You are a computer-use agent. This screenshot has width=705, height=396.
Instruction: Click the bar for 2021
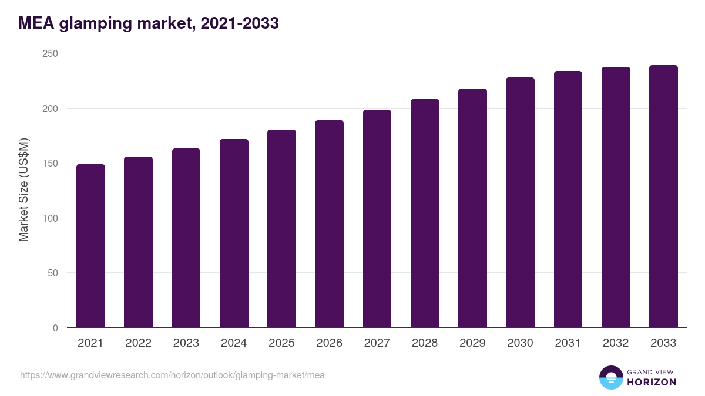(x=90, y=246)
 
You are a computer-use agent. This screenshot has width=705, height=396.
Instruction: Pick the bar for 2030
(x=521, y=202)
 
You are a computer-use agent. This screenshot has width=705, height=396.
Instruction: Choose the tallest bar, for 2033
(x=663, y=197)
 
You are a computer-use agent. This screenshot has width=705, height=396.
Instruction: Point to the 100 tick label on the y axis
(x=50, y=218)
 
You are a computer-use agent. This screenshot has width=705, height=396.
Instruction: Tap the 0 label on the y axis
(x=55, y=328)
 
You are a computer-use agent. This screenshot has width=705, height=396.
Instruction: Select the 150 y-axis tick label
(x=50, y=163)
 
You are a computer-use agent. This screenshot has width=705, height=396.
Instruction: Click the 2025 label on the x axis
(x=281, y=343)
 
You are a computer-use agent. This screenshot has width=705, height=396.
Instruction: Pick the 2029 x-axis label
(x=472, y=343)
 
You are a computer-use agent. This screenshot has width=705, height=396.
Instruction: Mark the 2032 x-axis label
(x=616, y=343)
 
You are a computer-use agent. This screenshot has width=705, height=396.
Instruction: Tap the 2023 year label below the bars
(x=186, y=343)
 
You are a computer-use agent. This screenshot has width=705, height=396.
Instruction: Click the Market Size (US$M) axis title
(x=23, y=190)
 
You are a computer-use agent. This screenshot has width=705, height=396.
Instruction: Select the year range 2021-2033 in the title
(x=239, y=23)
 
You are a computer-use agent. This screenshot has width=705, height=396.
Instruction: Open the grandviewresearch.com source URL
(x=172, y=375)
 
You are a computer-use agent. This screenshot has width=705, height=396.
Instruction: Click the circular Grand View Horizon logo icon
(x=611, y=377)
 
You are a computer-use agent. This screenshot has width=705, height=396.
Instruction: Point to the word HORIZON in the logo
(x=652, y=382)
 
